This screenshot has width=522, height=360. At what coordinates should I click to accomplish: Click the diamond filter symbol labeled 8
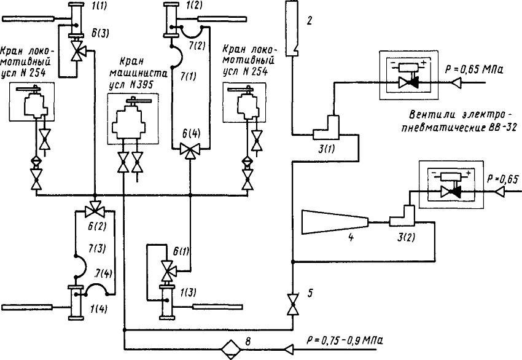click(x=230, y=349)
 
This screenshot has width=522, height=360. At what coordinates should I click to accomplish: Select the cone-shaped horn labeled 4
click(x=335, y=222)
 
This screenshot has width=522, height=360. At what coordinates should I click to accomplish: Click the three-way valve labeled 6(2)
click(x=95, y=211)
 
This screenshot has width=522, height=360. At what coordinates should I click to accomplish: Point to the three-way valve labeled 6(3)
click(x=77, y=51)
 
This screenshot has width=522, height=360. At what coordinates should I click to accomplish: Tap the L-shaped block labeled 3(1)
click(x=326, y=128)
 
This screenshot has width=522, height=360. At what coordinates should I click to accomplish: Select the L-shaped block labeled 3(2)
click(x=402, y=216)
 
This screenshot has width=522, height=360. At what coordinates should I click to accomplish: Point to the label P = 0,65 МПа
click(x=474, y=70)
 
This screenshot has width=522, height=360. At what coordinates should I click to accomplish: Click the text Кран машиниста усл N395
click(x=131, y=73)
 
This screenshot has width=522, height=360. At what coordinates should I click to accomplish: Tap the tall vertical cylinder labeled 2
click(x=291, y=28)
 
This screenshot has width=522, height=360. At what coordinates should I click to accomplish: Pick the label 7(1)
click(x=187, y=77)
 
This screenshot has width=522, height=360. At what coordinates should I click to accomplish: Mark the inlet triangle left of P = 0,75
click(x=289, y=349)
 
